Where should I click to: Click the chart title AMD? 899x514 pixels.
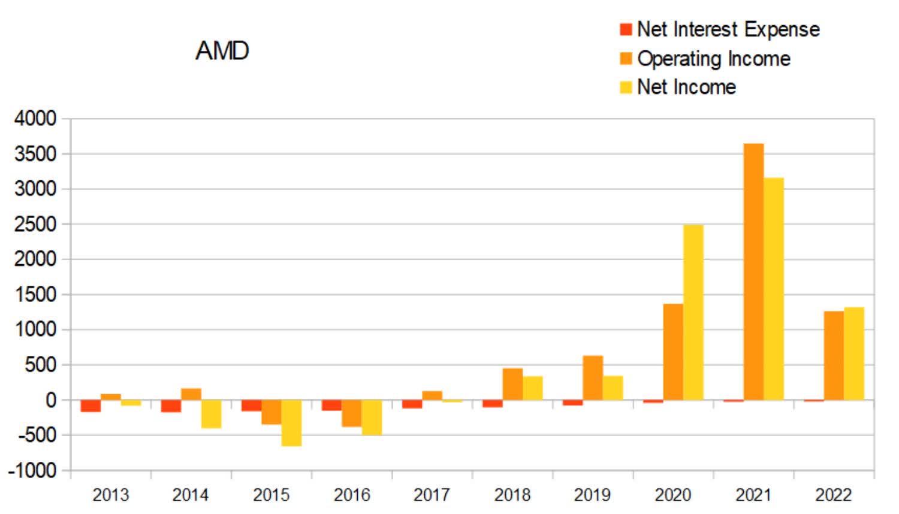222,50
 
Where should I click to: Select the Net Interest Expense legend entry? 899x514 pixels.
719,29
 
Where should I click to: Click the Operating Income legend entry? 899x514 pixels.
705,58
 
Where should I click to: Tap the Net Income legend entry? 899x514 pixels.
677,87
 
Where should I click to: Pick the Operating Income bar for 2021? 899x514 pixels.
753,271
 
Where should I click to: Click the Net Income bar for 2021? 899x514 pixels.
774,289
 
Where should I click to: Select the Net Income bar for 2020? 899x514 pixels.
693,312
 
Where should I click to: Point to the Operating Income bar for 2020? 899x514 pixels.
673,352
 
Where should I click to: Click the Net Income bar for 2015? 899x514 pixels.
291,423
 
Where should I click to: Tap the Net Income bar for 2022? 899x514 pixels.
854,353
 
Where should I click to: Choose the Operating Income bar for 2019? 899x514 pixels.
593,377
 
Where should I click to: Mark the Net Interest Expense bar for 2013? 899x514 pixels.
90,406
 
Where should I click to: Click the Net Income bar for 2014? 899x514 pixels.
211,414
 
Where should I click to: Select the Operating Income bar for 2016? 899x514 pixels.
352,413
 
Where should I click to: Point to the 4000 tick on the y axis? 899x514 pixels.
35,119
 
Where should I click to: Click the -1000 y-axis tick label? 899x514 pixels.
32,470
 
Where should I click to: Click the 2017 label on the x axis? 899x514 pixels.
432,495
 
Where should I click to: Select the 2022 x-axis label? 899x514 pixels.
833,495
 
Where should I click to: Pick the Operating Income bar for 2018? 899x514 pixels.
512,384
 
